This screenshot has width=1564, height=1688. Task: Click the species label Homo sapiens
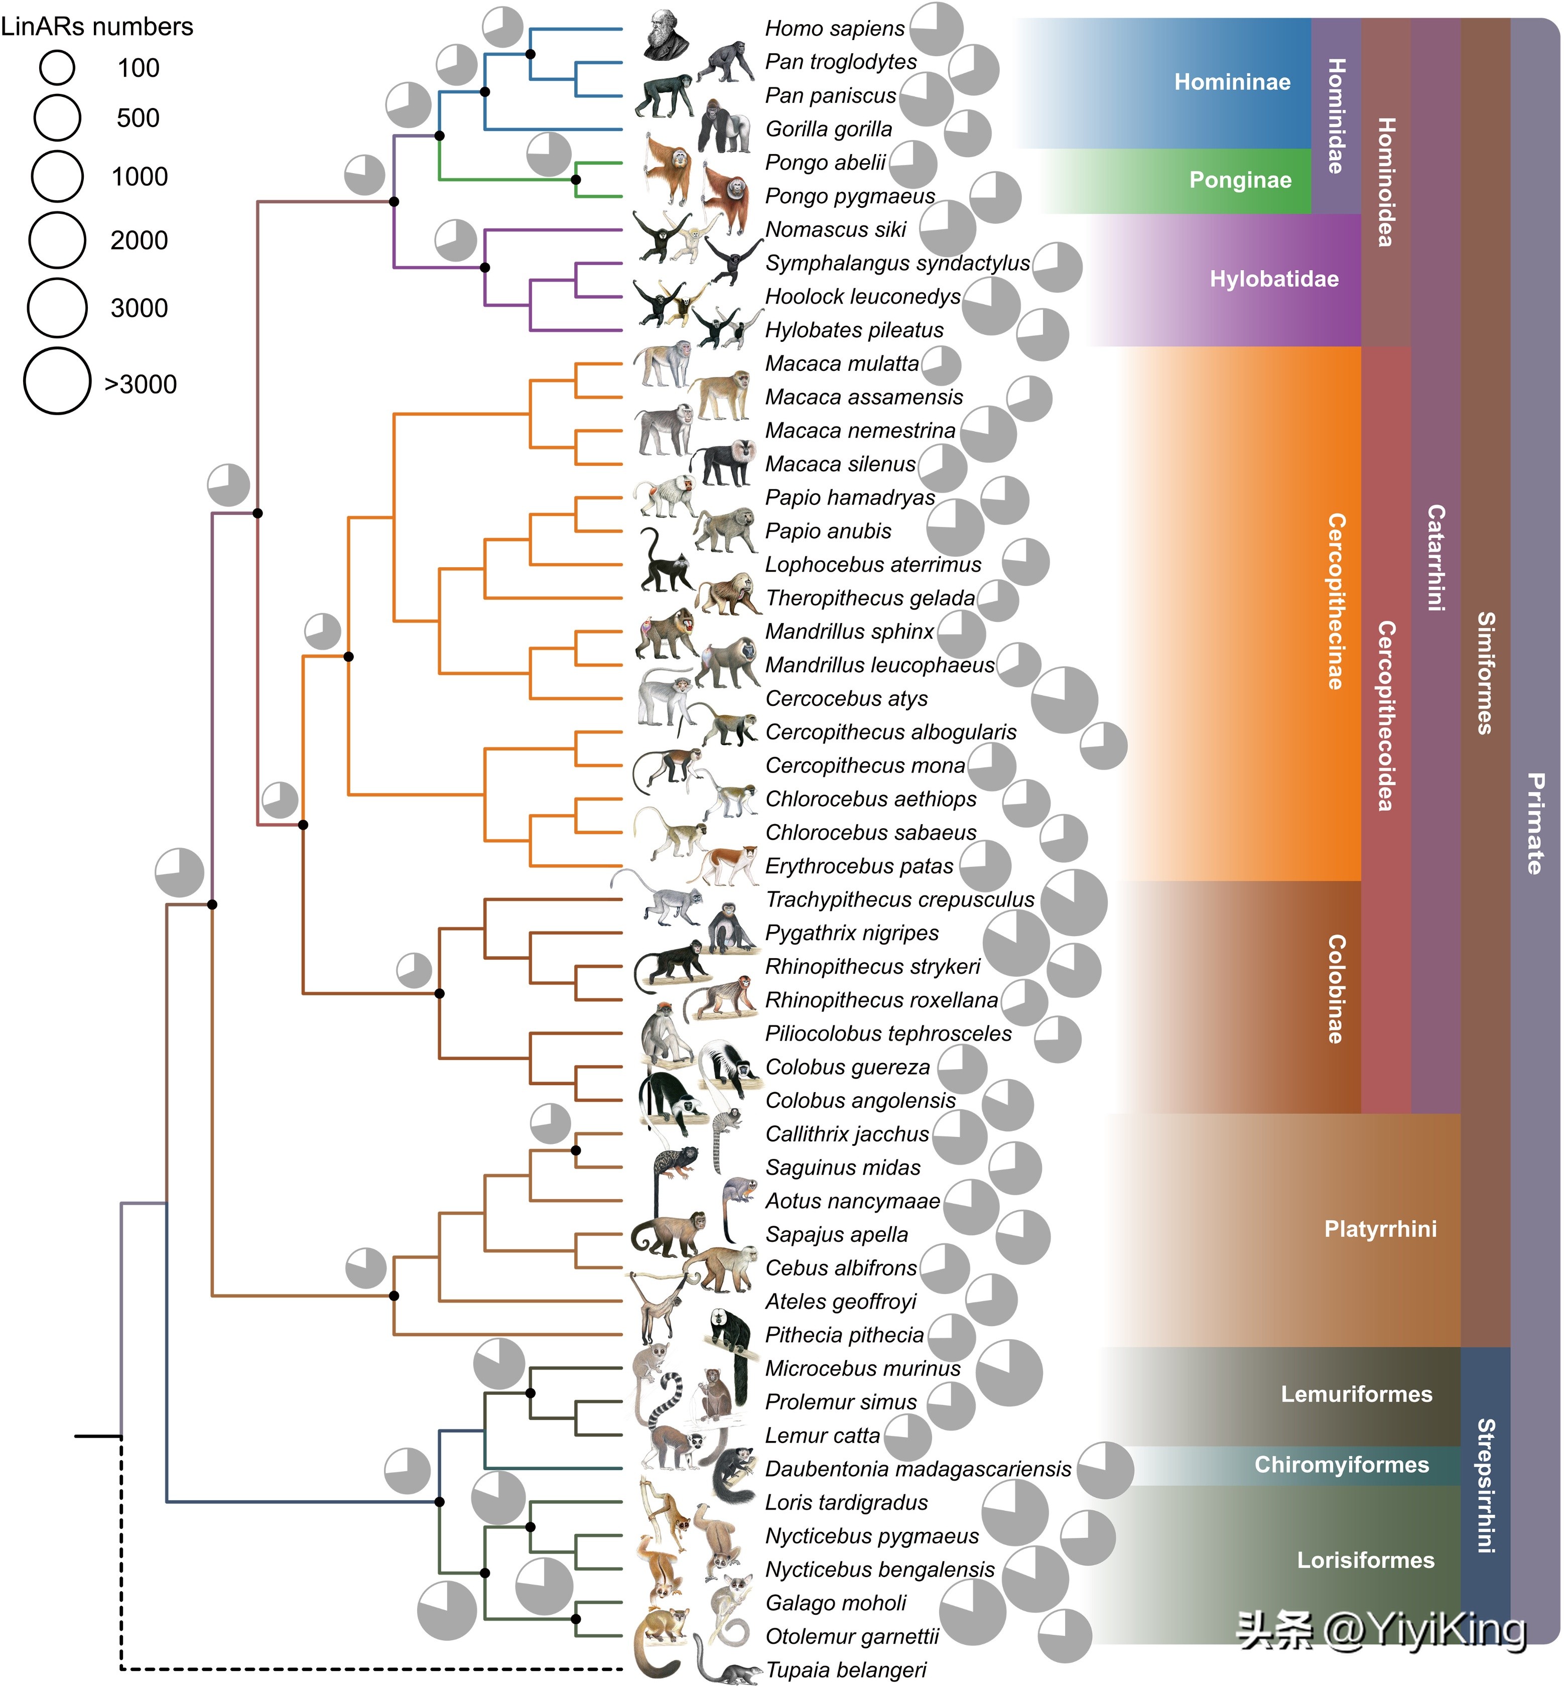835,29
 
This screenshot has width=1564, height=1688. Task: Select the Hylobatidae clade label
1274,279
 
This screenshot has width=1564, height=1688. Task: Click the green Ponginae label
1240,180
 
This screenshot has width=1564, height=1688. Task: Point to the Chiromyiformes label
1342,1465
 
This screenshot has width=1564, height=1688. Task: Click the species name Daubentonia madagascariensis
918,1469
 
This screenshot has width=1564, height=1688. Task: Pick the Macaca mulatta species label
842,364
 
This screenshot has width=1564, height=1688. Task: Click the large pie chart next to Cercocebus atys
1065,700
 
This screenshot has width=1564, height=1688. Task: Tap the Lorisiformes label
1366,1560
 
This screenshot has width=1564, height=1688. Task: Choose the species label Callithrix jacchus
847,1134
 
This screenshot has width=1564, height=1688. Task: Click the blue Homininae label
1232,82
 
